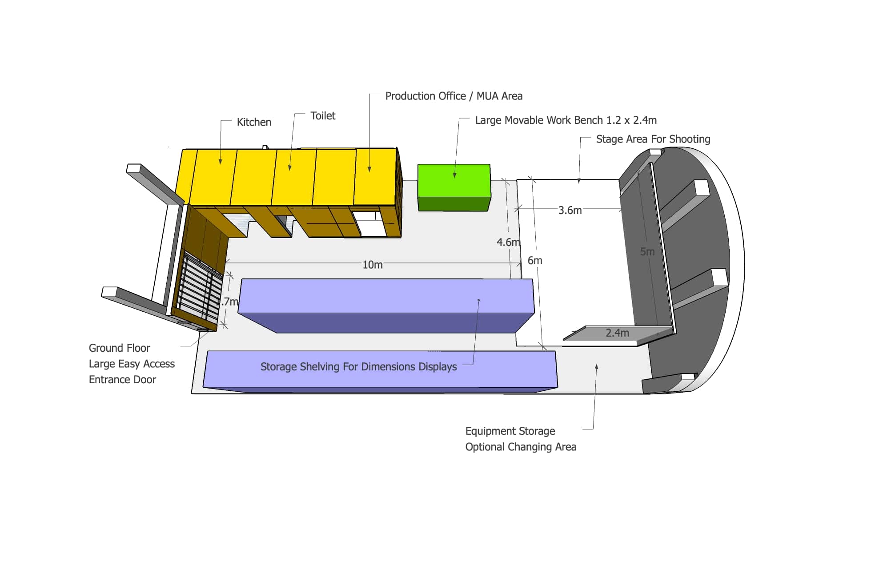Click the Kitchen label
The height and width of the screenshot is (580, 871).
[254, 122]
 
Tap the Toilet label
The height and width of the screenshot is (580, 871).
[323, 115]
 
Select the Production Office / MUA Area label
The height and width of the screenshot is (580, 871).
[454, 96]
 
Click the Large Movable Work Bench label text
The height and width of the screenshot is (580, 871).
[566, 120]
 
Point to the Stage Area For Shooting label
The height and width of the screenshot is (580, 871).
[653, 139]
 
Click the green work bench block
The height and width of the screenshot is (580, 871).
[454, 187]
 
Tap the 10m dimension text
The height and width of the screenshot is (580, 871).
[373, 265]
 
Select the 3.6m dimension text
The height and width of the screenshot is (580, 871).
[570, 210]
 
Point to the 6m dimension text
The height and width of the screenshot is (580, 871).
[535, 260]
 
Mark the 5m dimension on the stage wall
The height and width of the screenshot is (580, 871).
[647, 251]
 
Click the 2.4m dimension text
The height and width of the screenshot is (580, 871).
[618, 333]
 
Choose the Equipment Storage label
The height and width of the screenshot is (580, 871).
[510, 431]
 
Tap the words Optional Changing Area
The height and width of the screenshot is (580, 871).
[521, 447]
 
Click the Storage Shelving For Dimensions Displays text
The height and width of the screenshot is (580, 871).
[358, 366]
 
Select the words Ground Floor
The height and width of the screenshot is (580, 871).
[119, 348]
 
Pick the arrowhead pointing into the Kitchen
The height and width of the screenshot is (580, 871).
[220, 162]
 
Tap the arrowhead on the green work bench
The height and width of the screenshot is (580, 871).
[454, 175]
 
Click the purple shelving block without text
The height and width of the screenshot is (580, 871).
[386, 306]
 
